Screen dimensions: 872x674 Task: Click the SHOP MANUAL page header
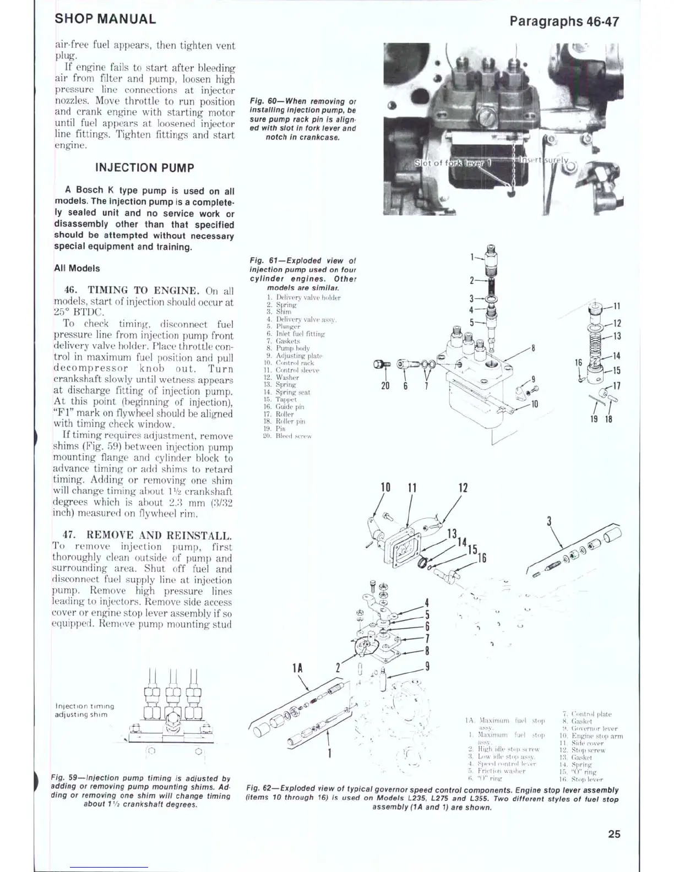[x=105, y=19]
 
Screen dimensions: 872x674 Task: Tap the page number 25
[x=614, y=834]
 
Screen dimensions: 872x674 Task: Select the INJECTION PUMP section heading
[x=144, y=168]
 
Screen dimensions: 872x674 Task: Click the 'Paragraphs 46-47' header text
[x=564, y=21]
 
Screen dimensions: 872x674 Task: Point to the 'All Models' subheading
[x=77, y=269]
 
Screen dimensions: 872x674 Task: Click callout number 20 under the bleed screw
[x=385, y=386]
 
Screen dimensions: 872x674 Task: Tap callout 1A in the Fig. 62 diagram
[x=297, y=668]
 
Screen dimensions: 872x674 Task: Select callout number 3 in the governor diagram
[x=549, y=521]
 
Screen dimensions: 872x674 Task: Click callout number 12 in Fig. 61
[x=617, y=324]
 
